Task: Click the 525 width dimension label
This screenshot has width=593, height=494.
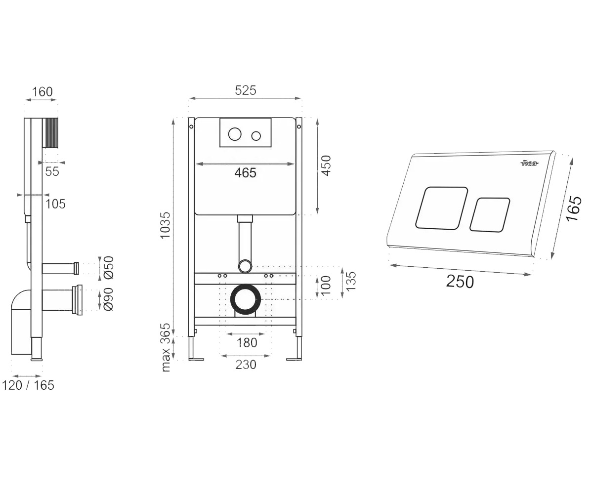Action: (x=246, y=90)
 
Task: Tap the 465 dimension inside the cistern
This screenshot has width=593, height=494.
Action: (x=246, y=172)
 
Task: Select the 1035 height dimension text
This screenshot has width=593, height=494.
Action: (x=165, y=225)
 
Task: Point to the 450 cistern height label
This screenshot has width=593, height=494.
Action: (x=326, y=166)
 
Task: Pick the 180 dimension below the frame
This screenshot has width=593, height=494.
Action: (x=247, y=343)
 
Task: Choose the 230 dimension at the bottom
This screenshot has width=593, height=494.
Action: (x=246, y=365)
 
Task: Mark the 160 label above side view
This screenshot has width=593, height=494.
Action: (x=42, y=92)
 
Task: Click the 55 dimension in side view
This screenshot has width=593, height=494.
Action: (x=52, y=171)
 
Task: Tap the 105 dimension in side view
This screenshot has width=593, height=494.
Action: (x=55, y=204)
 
